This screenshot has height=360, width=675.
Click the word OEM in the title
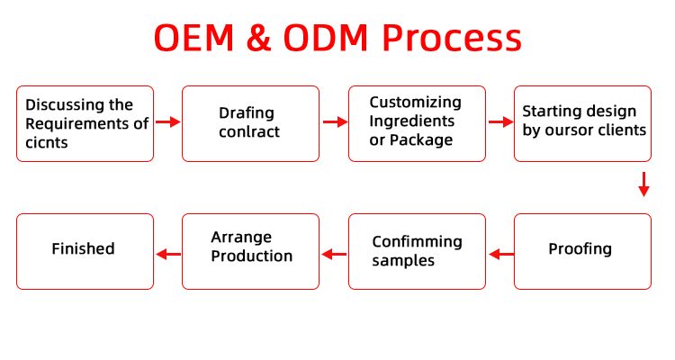coord(194,38)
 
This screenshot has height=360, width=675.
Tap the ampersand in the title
coord(258,38)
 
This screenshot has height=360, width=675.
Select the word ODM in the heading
coord(326,38)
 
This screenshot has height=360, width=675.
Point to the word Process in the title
coord(452,38)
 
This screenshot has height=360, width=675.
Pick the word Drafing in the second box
coord(247,113)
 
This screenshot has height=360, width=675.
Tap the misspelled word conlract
coord(249,131)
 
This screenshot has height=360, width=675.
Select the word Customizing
coord(416,103)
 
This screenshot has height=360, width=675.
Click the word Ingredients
coord(411,121)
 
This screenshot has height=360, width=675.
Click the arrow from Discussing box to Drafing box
coord(168,122)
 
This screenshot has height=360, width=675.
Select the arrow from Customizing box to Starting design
coord(501,122)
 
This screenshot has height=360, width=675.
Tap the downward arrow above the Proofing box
coord(644,184)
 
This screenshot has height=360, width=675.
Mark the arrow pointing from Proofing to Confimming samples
coord(501,254)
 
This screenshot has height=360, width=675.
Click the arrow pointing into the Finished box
coord(168,254)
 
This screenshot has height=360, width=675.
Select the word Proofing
coord(580,249)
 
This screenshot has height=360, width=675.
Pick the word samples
coord(403,261)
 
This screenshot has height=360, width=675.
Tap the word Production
coord(252,256)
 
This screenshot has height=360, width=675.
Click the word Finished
coord(83,249)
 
